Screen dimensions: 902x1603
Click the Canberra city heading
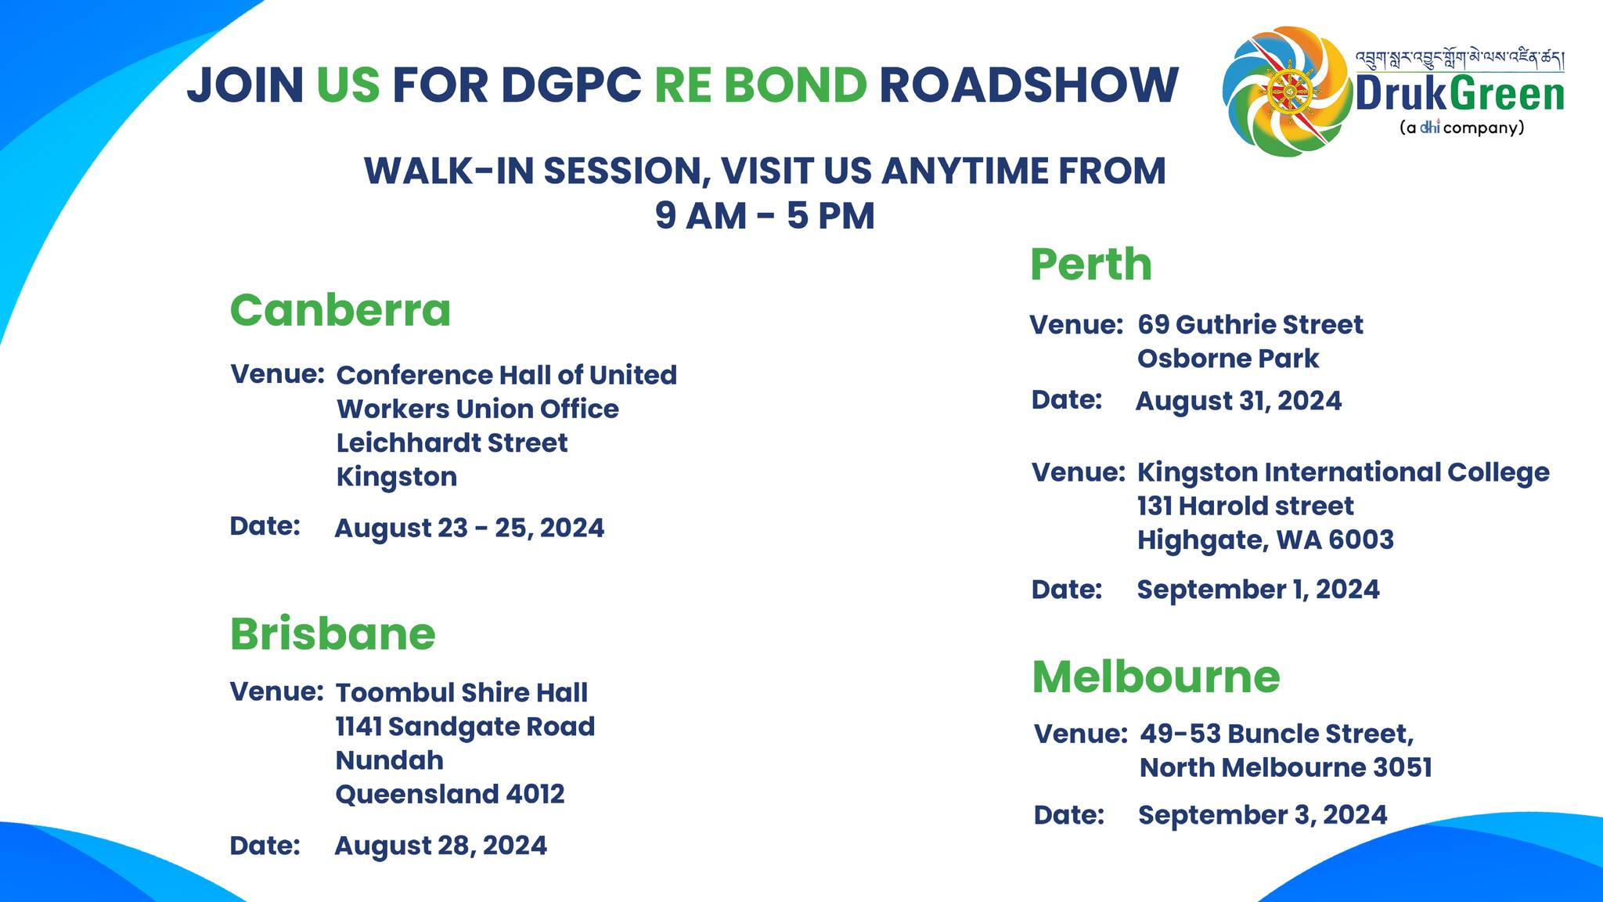(x=340, y=310)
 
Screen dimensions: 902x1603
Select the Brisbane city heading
(x=333, y=633)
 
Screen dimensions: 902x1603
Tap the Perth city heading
(x=1091, y=265)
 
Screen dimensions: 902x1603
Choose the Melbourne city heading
(x=1156, y=676)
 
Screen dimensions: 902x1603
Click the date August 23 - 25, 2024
(x=470, y=528)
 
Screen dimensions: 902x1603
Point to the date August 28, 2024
(x=441, y=846)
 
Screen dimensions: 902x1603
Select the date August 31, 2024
(x=1238, y=401)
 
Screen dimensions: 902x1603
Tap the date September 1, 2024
(x=1258, y=590)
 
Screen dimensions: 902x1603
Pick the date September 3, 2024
(x=1263, y=815)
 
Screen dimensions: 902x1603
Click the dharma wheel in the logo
(x=1288, y=93)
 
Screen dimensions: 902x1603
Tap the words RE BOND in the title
(x=760, y=85)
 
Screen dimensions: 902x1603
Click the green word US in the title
(x=348, y=85)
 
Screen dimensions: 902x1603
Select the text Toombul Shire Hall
(x=462, y=693)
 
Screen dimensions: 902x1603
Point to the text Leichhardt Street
(x=452, y=443)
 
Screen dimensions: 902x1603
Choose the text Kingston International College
(x=1343, y=472)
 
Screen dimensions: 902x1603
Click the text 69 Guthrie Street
(x=1250, y=325)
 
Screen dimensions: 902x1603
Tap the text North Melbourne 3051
(x=1286, y=767)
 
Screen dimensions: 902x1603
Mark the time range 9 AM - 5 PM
(x=765, y=215)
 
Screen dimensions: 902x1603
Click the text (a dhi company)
(x=1461, y=128)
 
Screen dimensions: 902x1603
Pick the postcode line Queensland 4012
(x=450, y=795)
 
